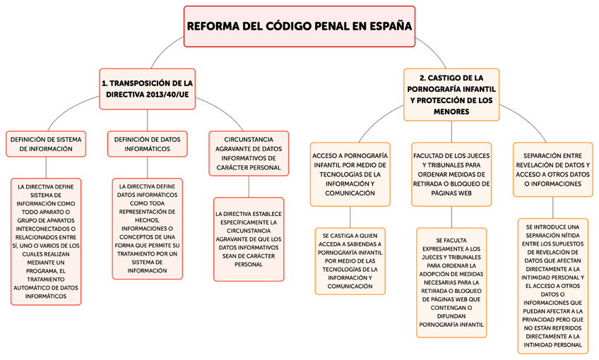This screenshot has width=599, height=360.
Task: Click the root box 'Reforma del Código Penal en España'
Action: pyautogui.click(x=299, y=26)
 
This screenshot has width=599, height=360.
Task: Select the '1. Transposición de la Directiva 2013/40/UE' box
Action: pyautogui.click(x=147, y=88)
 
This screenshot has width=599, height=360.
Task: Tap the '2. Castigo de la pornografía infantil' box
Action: pyautogui.click(x=451, y=94)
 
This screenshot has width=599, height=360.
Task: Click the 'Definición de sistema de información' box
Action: pyautogui.click(x=46, y=144)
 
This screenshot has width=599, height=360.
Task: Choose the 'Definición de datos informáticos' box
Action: pyautogui.click(x=148, y=144)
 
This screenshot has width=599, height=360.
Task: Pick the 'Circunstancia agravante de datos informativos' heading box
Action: pyautogui.click(x=249, y=153)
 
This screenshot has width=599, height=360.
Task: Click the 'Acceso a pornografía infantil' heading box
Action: pyautogui.click(x=350, y=174)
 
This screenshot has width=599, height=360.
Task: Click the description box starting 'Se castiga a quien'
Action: pyautogui.click(x=350, y=260)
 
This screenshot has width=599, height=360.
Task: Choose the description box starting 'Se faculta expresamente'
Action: pyautogui.click(x=451, y=282)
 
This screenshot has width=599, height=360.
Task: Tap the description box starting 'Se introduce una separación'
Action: pyautogui.click(x=552, y=286)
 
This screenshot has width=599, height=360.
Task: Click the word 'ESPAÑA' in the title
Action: pyautogui.click(x=389, y=26)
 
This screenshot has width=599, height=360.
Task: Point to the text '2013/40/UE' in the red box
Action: pyautogui.click(x=168, y=95)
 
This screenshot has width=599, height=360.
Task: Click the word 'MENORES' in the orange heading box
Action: pyautogui.click(x=451, y=112)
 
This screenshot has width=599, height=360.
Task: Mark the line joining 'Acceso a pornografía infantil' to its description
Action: pyautogui.click(x=350, y=217)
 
